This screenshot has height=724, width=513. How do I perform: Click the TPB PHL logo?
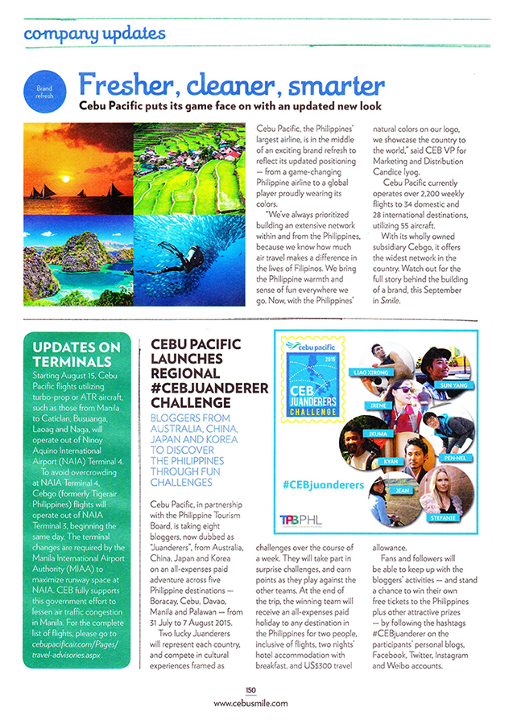(x=301, y=520)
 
